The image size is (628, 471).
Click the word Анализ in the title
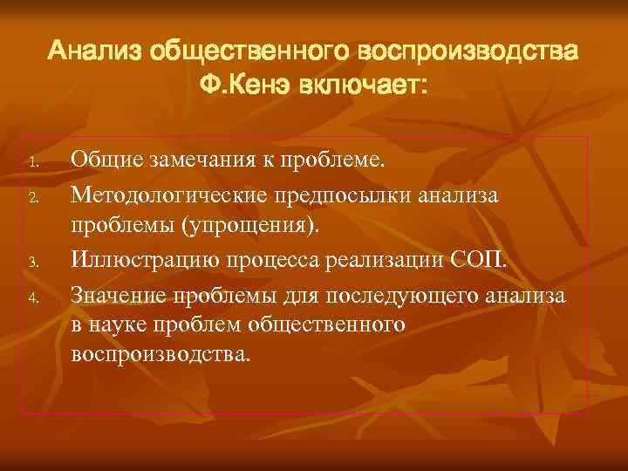point(95,51)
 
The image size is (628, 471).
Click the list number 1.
point(31,163)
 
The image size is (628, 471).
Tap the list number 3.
point(31,261)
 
